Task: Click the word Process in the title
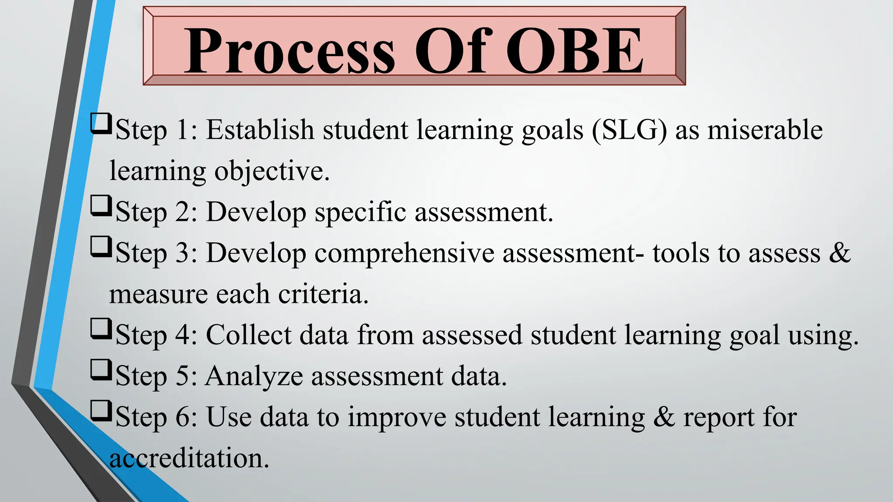[x=290, y=51]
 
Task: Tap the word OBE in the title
[x=575, y=51]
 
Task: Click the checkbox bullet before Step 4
[x=101, y=329]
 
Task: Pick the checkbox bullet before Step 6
[x=101, y=411]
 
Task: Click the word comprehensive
[x=404, y=254]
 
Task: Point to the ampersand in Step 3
[x=839, y=253]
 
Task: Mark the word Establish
[x=260, y=130]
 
